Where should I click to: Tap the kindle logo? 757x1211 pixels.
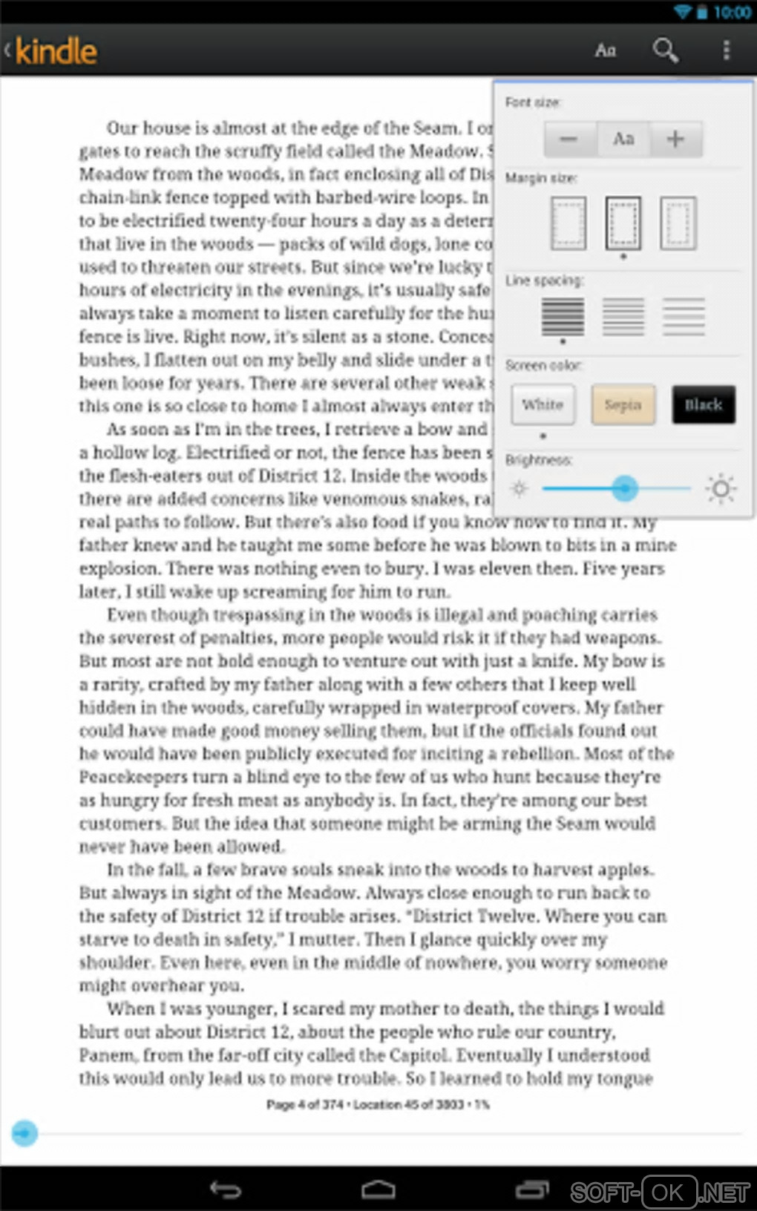pyautogui.click(x=56, y=51)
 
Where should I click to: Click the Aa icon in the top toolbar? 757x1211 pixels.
pyautogui.click(x=606, y=50)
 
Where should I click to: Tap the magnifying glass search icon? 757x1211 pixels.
pyautogui.click(x=665, y=50)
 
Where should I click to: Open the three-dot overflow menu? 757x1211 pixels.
pyautogui.click(x=726, y=50)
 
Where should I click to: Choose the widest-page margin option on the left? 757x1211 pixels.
pyautogui.click(x=568, y=223)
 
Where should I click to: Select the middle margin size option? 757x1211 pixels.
pyautogui.click(x=623, y=223)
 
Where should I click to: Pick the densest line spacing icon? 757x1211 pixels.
pyautogui.click(x=563, y=316)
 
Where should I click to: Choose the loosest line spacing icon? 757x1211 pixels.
pyautogui.click(x=684, y=316)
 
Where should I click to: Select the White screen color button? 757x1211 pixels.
pyautogui.click(x=543, y=404)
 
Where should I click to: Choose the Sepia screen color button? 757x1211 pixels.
pyautogui.click(x=623, y=404)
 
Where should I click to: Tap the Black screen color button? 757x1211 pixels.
pyautogui.click(x=703, y=404)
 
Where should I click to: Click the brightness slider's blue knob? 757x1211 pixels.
pyautogui.click(x=625, y=488)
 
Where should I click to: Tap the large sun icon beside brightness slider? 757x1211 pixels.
pyautogui.click(x=721, y=488)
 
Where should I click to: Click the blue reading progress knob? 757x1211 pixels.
pyautogui.click(x=24, y=1133)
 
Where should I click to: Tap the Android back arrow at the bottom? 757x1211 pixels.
pyautogui.click(x=226, y=1189)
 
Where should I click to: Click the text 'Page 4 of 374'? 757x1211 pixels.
pyautogui.click(x=304, y=1104)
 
